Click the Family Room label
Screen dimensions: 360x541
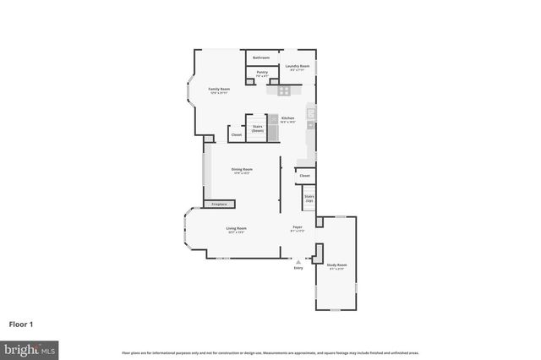(220, 89)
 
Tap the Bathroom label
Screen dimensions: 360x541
(261, 57)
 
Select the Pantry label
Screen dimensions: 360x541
(262, 73)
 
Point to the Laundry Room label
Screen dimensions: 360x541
(297, 66)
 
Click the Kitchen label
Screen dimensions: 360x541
(287, 118)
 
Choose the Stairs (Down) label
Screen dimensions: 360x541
(257, 128)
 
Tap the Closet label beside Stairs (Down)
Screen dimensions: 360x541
(236, 134)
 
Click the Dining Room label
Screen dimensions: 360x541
(242, 170)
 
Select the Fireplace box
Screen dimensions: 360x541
(218, 204)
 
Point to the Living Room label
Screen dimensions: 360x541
(236, 229)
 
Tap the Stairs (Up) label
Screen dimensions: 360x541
(309, 199)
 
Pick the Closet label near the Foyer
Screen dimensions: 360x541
(304, 176)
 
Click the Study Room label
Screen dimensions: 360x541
(336, 266)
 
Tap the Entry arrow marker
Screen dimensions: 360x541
(298, 262)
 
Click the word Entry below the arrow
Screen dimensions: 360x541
(298, 268)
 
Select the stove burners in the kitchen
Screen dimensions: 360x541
(285, 90)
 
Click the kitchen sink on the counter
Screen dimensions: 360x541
(311, 112)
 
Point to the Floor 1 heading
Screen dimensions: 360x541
(21, 324)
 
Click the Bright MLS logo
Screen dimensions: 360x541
(30, 348)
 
